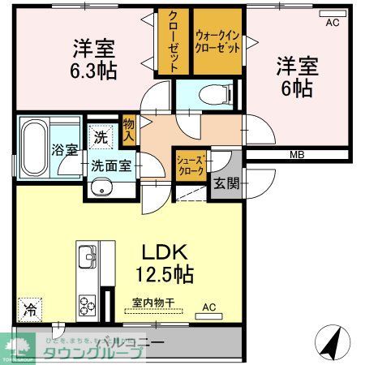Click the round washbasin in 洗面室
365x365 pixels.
pos(101,189)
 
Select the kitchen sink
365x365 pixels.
pos(87,260)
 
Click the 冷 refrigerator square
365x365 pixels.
pos(28,308)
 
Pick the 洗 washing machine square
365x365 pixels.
pos(100,137)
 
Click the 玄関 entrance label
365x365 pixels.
pos(227,183)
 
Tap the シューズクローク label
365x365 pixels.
pos(191,165)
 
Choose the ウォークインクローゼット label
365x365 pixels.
pos(217,41)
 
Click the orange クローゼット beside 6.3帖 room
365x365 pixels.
pos(174,41)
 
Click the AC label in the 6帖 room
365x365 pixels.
pos(331,22)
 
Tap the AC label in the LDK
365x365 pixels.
pos(208,307)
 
